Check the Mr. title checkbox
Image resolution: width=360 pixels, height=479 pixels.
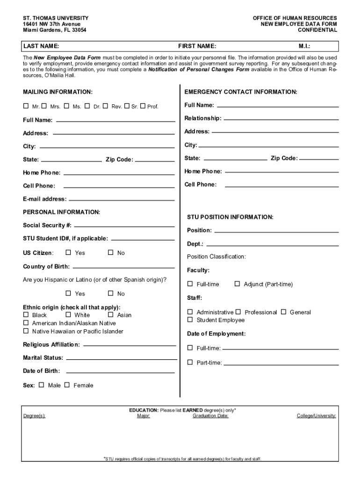[26, 106]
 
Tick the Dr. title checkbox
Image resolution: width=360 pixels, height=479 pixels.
[87, 106]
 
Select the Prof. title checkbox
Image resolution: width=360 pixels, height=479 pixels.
[143, 106]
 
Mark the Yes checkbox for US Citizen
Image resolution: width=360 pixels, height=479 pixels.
[68, 253]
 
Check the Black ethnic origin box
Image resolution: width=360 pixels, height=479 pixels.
[26, 315]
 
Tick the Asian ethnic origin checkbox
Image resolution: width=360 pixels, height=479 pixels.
[111, 315]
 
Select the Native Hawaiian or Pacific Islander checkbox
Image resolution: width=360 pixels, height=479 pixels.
[26, 331]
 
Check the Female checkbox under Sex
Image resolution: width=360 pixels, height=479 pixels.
[67, 385]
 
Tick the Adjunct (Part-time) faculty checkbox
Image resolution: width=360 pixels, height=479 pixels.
[237, 283]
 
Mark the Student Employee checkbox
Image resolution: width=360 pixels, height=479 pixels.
[190, 319]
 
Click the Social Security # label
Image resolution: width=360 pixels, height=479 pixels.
[47, 225]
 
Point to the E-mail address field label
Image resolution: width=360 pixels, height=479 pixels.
[45, 199]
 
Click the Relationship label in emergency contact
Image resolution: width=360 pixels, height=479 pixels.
[203, 118]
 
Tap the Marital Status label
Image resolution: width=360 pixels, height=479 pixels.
[43, 358]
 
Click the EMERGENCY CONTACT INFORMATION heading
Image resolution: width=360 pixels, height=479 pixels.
[241, 92]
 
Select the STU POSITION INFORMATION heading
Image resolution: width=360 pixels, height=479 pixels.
[230, 217]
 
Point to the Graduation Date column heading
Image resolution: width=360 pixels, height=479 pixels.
[210, 415]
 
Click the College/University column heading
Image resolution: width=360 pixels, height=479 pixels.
[316, 415]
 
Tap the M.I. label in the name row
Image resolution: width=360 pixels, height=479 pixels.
[305, 46]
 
